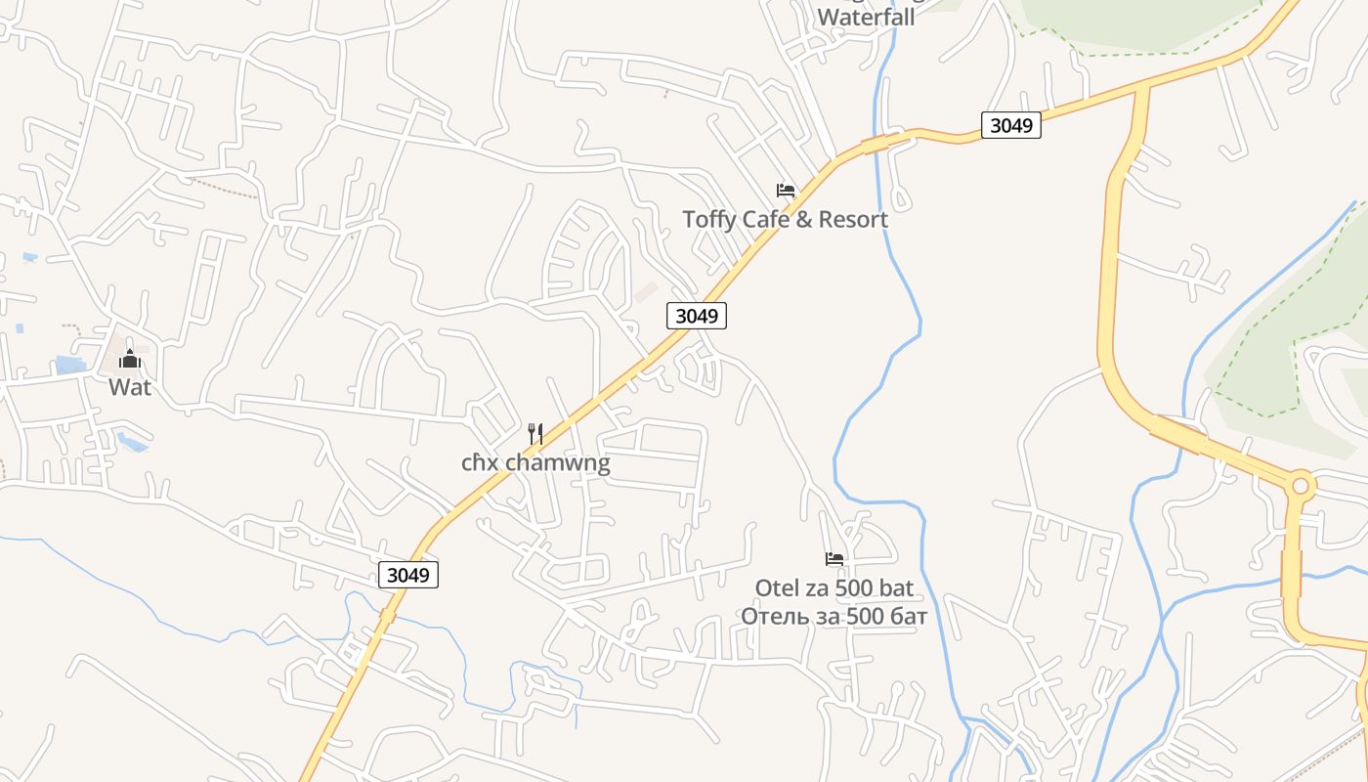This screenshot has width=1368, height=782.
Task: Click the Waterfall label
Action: [x=866, y=17]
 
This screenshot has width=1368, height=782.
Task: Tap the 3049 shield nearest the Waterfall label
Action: [x=1010, y=125]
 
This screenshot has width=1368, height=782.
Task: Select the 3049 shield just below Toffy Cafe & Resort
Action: [x=697, y=316]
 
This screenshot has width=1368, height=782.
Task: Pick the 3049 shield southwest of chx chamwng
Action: [x=407, y=575]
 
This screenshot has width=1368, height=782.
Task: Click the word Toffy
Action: [x=709, y=219]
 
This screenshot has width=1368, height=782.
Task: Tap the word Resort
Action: [x=853, y=219]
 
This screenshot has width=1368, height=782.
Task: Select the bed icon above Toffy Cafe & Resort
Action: [x=786, y=191]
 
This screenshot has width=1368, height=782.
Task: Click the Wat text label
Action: [x=130, y=387]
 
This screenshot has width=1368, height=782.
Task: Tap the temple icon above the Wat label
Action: [x=130, y=360]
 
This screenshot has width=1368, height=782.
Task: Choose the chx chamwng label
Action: [x=535, y=462]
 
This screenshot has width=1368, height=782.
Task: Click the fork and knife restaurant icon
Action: [x=535, y=434]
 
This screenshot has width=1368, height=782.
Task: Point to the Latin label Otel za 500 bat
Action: [x=834, y=587]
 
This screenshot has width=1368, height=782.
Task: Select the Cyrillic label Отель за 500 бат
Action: [x=834, y=616]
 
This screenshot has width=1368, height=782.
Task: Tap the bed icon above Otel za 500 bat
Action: [x=834, y=559]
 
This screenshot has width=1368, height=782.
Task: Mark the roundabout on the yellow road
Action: [x=1300, y=485]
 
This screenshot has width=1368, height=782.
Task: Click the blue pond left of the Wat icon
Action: [x=70, y=366]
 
